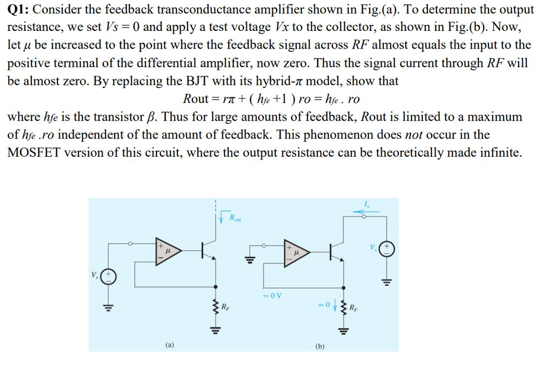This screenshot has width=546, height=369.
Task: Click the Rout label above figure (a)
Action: point(235,217)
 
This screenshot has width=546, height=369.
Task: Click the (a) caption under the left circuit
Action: point(168,346)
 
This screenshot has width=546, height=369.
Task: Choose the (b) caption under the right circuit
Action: point(320,346)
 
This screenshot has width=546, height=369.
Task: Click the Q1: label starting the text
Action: point(19,10)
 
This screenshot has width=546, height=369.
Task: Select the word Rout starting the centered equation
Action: point(196,99)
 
